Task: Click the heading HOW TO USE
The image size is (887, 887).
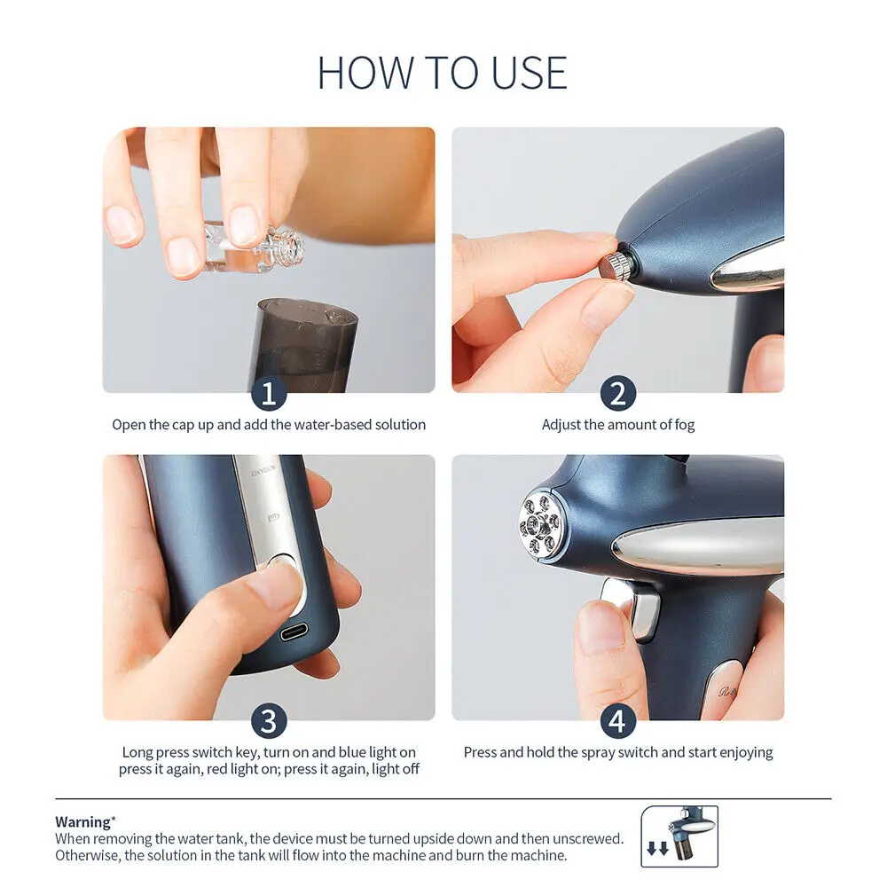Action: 443,73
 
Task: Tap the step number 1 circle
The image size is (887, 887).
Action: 269,391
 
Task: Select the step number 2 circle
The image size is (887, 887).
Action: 617,391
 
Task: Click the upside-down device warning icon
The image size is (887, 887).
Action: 679,836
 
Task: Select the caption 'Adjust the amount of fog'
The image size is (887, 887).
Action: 618,425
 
